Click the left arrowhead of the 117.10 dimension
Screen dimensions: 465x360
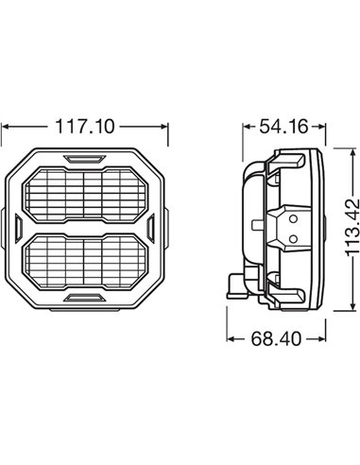click(7, 125)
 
